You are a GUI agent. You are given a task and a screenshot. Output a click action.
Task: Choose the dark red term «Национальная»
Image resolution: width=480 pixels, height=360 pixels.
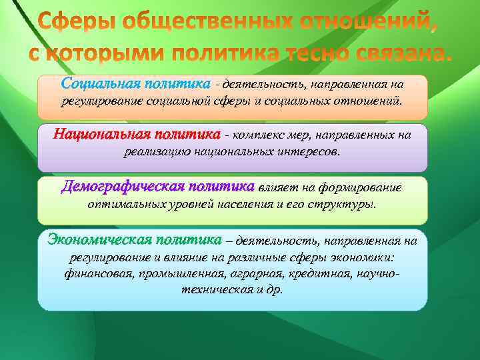click(102, 134)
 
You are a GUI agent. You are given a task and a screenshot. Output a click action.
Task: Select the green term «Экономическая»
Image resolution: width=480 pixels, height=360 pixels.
click(98, 239)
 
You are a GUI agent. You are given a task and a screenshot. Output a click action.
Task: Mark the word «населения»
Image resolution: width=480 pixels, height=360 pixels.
click(250, 204)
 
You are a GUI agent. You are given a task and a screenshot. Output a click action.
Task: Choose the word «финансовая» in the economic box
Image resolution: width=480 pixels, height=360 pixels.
click(96, 273)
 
